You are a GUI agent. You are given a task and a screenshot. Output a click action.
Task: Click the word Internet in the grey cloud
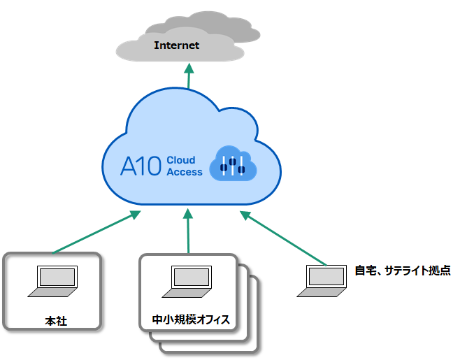pos(177,45)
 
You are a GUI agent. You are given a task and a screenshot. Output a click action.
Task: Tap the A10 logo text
pos(141,166)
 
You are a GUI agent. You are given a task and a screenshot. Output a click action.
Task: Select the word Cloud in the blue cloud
pos(181,160)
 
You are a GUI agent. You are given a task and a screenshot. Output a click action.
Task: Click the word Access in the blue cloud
pos(185,172)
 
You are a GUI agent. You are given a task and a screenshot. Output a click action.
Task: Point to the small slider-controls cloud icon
pos(233,164)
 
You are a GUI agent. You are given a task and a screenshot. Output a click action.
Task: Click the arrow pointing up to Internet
pos(189,77)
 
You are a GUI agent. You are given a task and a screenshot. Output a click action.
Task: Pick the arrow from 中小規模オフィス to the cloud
pos(188,231)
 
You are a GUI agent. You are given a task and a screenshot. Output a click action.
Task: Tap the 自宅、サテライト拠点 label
pos(403,271)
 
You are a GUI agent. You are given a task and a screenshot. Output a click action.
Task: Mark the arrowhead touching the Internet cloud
pos(189,67)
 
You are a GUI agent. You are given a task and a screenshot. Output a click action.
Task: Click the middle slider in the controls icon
pos(233,164)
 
